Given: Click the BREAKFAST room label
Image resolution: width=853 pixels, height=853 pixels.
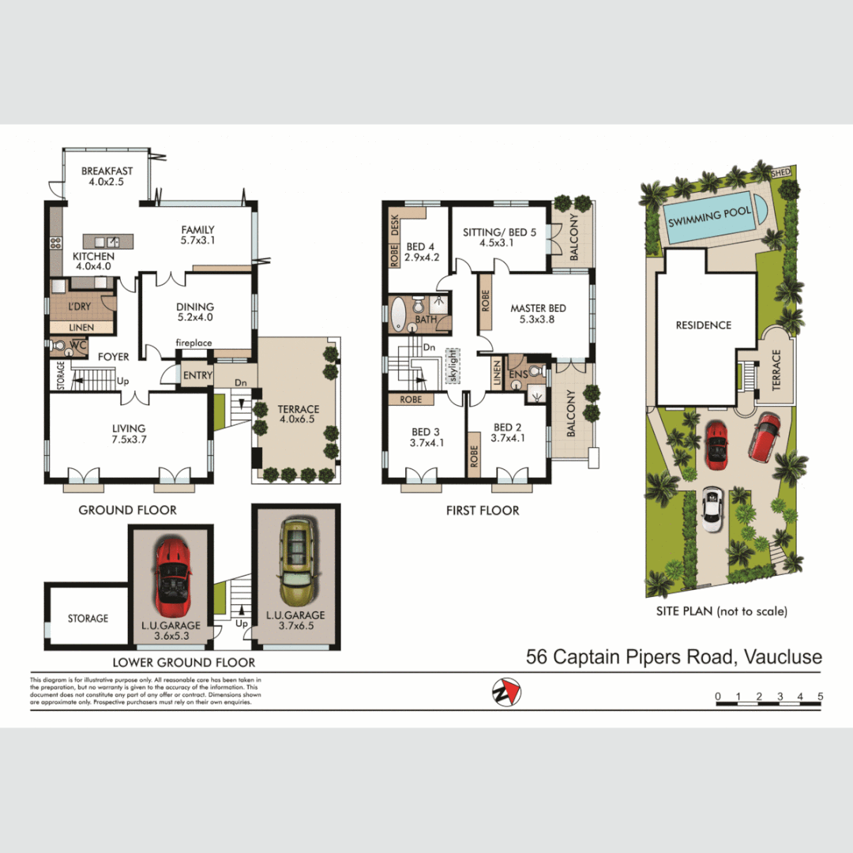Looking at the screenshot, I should click(x=107, y=171).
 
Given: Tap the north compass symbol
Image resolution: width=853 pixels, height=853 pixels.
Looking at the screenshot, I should click(x=505, y=692).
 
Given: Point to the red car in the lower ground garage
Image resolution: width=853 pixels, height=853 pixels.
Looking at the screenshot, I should click(x=171, y=577).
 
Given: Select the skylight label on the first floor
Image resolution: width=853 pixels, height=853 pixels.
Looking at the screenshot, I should click(x=453, y=366).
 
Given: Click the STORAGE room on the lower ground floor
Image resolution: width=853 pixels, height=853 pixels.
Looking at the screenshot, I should click(x=88, y=618).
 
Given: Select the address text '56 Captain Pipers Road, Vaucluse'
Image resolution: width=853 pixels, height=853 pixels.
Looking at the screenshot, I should click(x=674, y=656).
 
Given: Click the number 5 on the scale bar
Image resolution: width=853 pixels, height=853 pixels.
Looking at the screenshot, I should click(x=821, y=696).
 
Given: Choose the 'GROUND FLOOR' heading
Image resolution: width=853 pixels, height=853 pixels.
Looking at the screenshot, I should click(x=127, y=510).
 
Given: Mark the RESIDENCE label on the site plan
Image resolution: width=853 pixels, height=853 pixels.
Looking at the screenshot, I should click(x=703, y=325).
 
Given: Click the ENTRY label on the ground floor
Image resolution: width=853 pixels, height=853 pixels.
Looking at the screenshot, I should click(x=197, y=376).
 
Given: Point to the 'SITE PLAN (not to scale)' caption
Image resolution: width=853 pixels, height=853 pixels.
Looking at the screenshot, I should click(x=721, y=611).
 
